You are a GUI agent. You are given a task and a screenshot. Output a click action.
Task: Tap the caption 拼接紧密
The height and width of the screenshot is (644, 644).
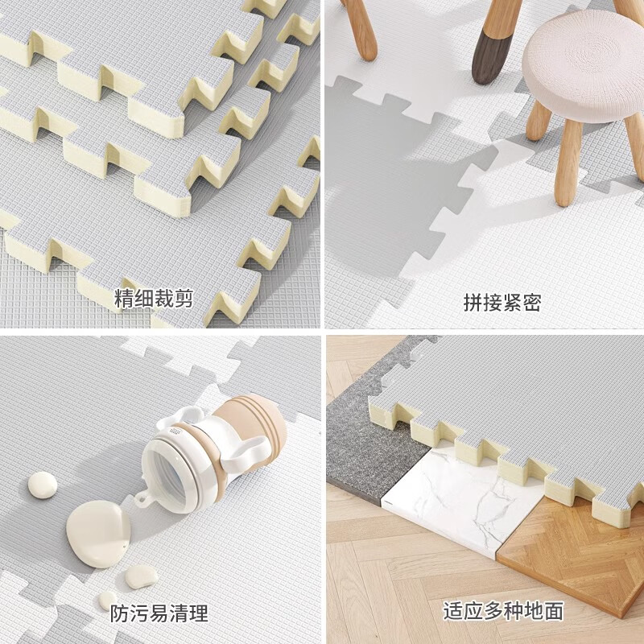tap(502, 303)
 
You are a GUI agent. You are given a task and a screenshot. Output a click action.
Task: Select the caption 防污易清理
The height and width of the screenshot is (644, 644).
tap(159, 613)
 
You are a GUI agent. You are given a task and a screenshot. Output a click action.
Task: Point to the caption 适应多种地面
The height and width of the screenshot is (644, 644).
tap(502, 611)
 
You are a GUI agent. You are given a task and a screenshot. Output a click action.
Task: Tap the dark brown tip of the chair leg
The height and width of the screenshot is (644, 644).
tap(486, 66)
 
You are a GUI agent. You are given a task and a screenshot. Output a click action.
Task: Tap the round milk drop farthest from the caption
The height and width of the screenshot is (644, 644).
tap(43, 485)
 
